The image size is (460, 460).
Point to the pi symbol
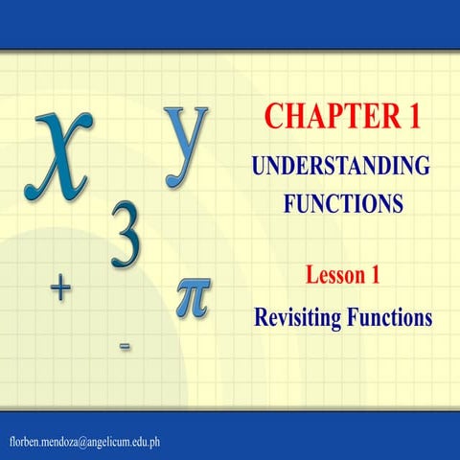point(195,294)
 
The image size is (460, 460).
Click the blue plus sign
point(60,288)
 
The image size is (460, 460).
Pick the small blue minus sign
point(125,345)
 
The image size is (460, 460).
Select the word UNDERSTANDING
point(341,165)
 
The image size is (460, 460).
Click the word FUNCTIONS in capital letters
point(341,203)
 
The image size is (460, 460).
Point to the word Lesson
point(332,277)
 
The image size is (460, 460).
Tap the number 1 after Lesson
point(376,277)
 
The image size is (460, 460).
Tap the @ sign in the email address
point(83,440)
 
